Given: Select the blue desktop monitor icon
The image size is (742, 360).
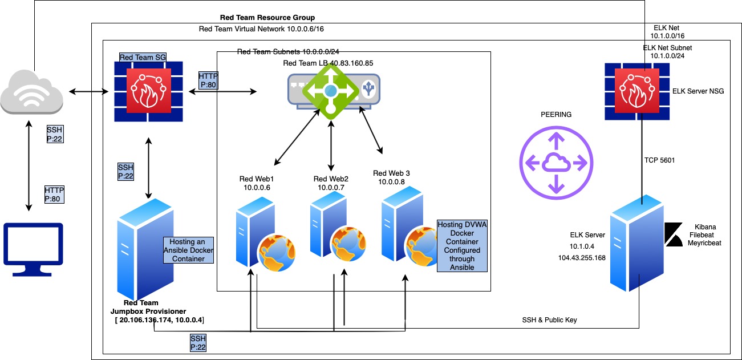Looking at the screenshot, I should tap(34, 244).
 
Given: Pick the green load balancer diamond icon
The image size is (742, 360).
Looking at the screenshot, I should tap(331, 90).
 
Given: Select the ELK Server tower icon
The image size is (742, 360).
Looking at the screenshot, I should tap(636, 242).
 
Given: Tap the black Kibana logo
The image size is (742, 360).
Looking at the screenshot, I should tap(674, 235).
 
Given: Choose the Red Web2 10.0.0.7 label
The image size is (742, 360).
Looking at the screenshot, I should tap(331, 183).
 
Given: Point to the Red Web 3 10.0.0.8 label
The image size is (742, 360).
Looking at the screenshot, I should tap(391, 177).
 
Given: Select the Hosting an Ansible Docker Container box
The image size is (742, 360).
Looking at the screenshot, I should tap(188, 250).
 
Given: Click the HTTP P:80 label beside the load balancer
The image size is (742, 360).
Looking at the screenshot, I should tap(208, 81).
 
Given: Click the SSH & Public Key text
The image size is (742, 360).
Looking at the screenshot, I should tap(549, 320).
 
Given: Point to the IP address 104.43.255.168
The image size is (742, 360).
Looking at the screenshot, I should tap(582, 258).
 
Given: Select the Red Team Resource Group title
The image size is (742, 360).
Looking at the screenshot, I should tap(267, 18).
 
